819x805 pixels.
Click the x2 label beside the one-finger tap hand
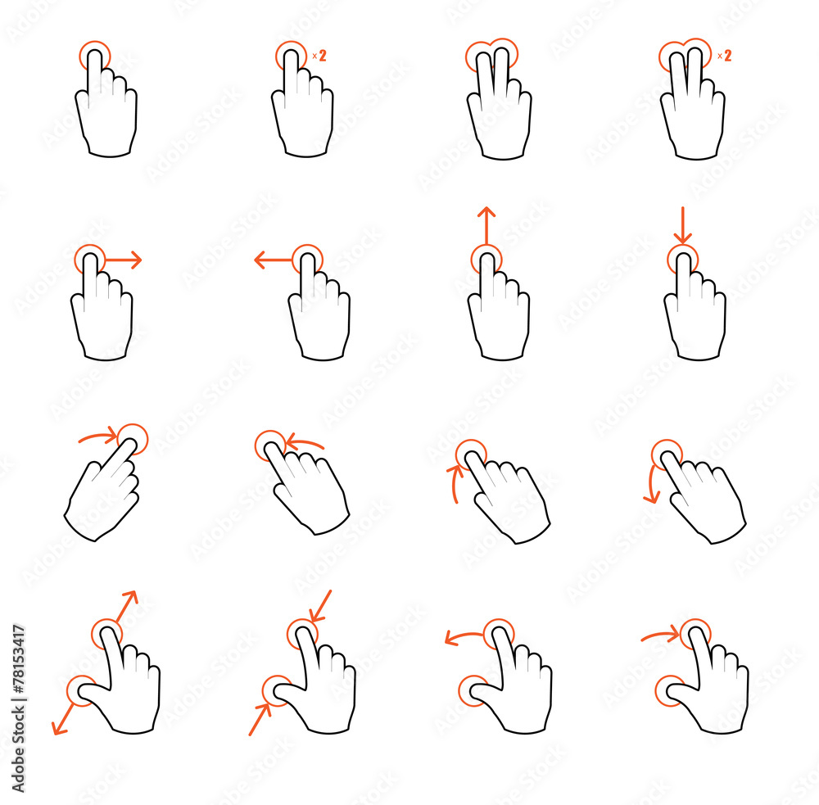click(x=319, y=56)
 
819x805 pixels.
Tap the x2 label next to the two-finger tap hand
click(x=724, y=56)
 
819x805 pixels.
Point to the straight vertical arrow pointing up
click(x=486, y=225)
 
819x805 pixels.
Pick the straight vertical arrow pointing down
click(x=681, y=225)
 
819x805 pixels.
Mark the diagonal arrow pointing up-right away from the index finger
click(x=126, y=605)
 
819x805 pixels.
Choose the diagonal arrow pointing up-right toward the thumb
click(x=260, y=719)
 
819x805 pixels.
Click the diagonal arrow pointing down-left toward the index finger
click(x=320, y=606)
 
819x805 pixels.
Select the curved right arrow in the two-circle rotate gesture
click(x=660, y=634)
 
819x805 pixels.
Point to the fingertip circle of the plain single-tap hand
click(x=94, y=57)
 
